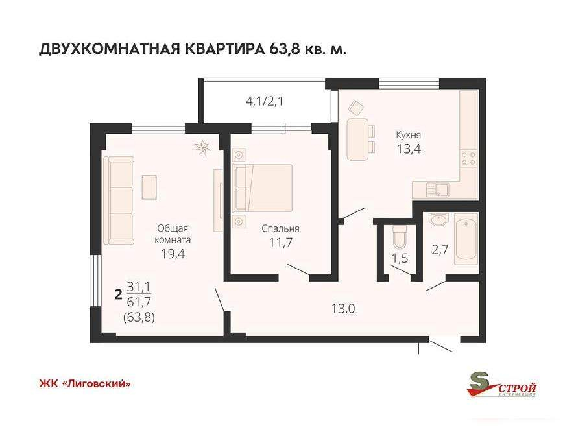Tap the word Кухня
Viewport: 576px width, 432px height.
tap(409, 135)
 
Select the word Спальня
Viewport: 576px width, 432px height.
tap(280, 228)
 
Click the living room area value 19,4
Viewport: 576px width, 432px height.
tap(173, 254)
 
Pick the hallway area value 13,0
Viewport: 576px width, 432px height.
tap(342, 309)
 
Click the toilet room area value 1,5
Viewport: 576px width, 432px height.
tap(398, 258)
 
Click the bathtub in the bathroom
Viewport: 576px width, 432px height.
tap(465, 239)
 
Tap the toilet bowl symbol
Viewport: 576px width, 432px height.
tap(398, 237)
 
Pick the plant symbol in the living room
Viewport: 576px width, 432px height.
tap(204, 148)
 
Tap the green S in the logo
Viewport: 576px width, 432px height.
tap(479, 382)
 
